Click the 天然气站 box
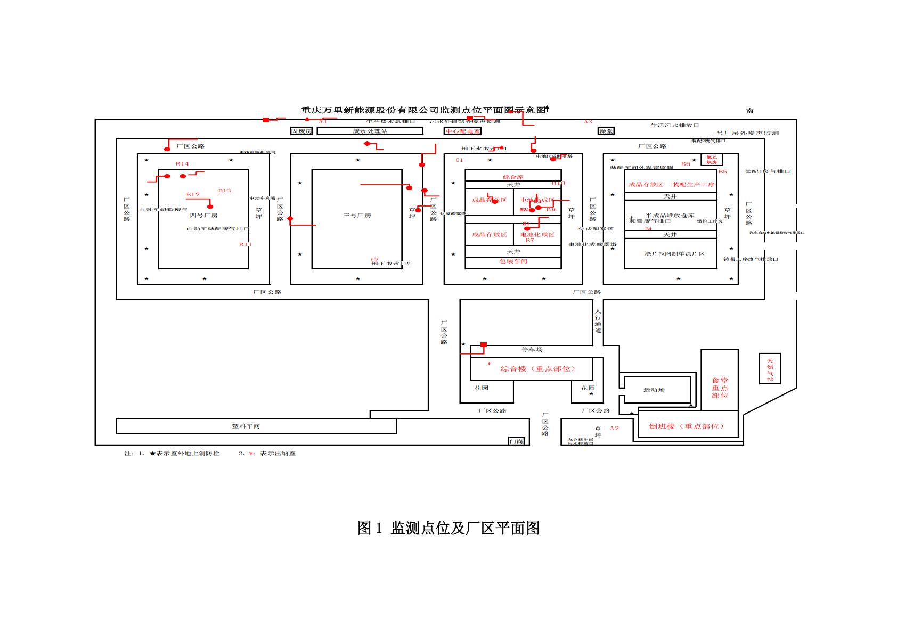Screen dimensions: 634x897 770,368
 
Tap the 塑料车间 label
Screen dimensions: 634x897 246,426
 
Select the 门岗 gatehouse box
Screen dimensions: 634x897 516,441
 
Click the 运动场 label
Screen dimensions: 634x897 654,390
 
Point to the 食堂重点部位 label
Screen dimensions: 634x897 720,388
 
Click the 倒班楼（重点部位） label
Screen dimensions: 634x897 687,426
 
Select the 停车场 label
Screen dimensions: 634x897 532,350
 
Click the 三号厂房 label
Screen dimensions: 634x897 357,216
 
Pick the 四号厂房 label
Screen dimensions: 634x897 203,216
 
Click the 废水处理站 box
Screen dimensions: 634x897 370,131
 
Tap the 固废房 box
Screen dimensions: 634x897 301,131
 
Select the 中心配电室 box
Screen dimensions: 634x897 463,131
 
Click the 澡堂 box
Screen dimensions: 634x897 606,131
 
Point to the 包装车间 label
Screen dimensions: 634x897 513,261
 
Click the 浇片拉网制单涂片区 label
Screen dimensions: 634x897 674,254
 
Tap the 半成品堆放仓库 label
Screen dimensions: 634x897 670,216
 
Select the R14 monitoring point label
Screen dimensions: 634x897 182,164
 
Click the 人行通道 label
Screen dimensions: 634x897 598,320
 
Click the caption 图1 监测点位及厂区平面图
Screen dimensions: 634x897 449,528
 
